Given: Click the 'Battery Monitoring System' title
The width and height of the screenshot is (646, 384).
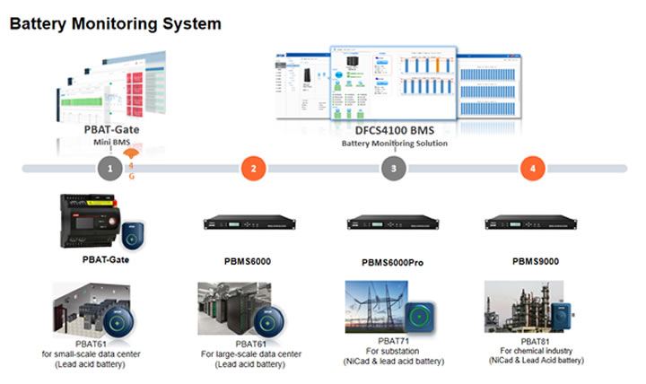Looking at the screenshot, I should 115,24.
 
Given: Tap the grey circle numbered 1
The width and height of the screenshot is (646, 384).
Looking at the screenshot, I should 110,168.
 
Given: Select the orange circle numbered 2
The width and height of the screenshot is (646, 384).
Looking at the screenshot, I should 254,168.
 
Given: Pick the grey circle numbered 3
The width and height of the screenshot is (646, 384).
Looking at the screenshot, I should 393,168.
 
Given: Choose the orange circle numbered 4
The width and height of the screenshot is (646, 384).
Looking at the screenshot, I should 533,168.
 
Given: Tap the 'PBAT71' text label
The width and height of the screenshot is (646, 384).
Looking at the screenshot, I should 393,341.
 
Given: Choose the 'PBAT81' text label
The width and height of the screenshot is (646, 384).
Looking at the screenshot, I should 537,340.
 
